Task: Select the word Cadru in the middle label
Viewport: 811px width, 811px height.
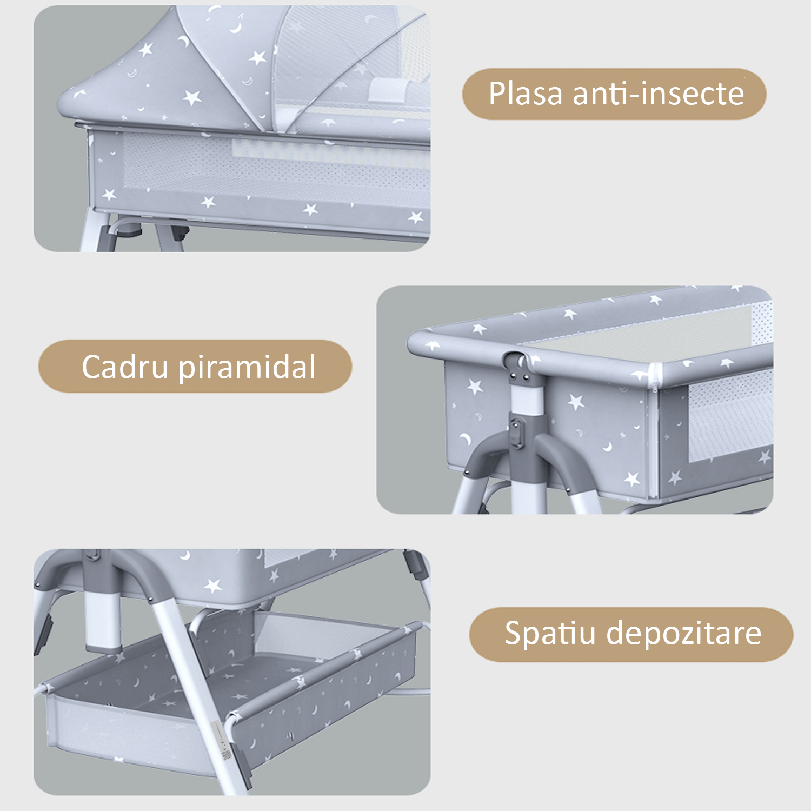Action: coord(125,367)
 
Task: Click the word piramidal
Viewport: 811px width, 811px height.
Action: coord(247,368)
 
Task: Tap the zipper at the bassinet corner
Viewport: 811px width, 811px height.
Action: coord(656,376)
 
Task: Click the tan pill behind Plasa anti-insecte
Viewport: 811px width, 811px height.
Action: coord(614,94)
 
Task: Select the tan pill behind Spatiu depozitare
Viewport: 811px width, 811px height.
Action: coord(631,634)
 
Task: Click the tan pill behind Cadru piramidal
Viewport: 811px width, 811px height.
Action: coord(195,366)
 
